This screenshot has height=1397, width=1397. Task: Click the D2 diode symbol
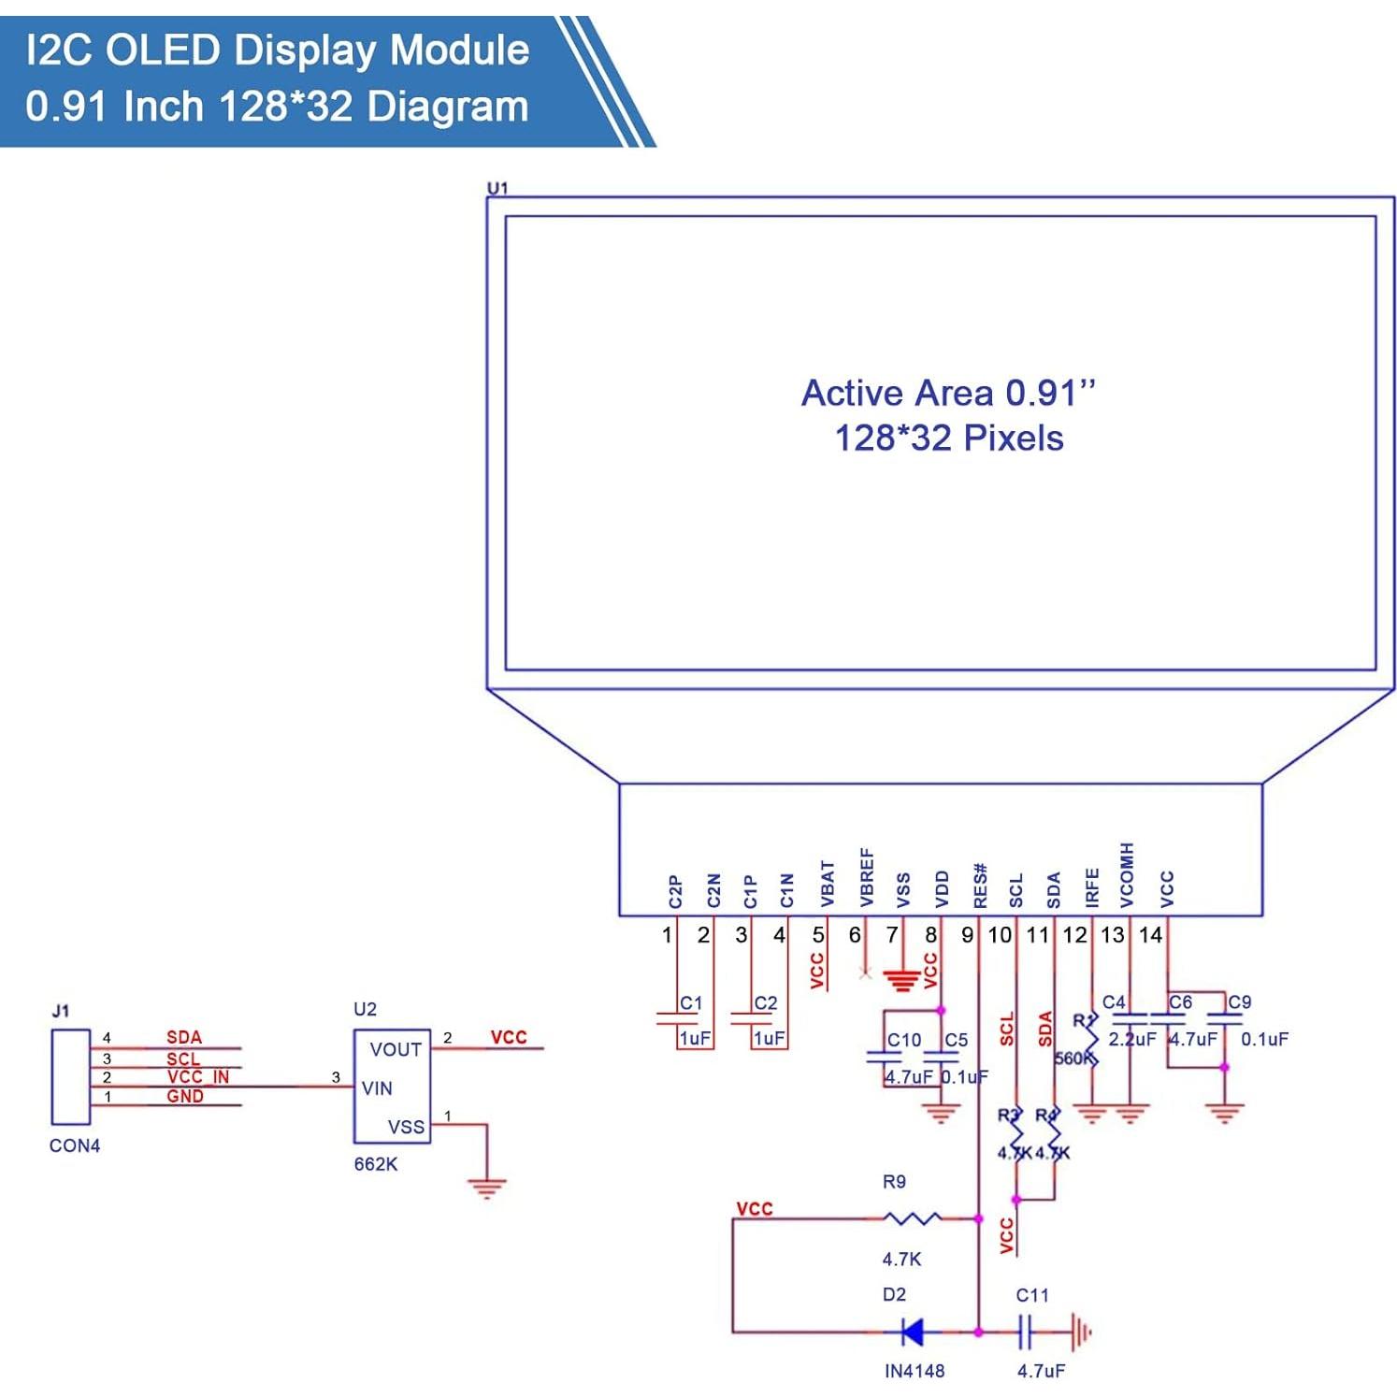(911, 1332)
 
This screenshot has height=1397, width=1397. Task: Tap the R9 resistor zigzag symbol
(912, 1218)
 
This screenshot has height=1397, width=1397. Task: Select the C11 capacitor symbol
(1027, 1332)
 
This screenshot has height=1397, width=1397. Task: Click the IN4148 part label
(914, 1371)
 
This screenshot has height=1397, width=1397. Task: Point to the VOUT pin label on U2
(396, 1049)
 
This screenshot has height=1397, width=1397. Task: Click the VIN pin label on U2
(377, 1088)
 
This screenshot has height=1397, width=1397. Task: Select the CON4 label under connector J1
(75, 1145)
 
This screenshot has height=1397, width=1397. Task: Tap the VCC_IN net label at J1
(197, 1077)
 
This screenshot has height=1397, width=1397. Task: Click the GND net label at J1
(185, 1097)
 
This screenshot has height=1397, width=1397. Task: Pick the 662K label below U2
(376, 1164)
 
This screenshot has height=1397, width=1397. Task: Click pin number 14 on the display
(1150, 935)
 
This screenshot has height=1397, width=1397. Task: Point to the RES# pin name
(980, 885)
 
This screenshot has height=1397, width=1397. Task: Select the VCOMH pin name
(1127, 875)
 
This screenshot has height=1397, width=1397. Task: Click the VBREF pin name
(867, 878)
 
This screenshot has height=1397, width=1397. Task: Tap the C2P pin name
(676, 891)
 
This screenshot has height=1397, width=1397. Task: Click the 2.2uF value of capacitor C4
(1131, 1039)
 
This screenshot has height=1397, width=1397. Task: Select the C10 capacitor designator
(903, 1040)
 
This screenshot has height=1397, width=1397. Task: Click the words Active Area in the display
(897, 394)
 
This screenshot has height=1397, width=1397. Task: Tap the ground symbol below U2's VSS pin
(486, 1188)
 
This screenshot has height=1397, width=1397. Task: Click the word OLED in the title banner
(163, 50)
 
